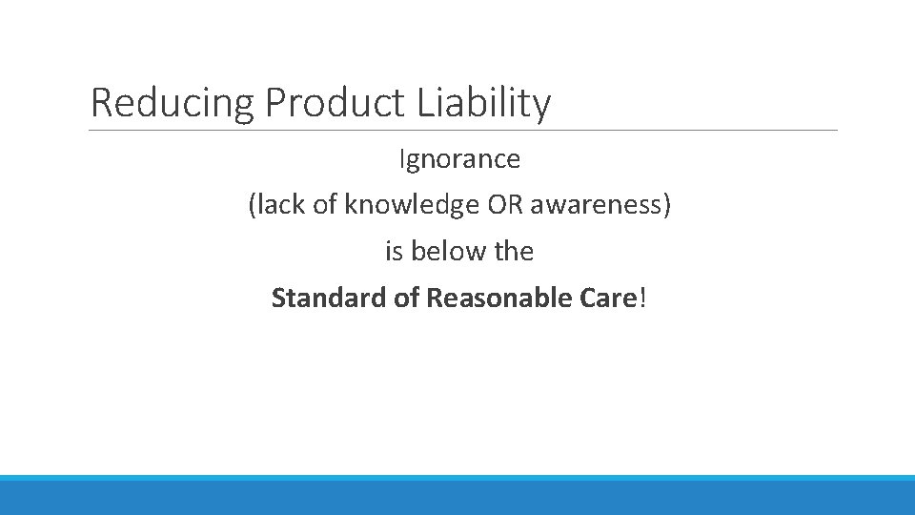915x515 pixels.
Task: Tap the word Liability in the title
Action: [x=484, y=103]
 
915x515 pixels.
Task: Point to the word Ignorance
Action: [x=459, y=159]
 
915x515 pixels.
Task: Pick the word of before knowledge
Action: [x=324, y=205]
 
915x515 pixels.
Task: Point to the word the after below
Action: [x=514, y=252]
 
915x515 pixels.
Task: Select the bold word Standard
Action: [x=315, y=299]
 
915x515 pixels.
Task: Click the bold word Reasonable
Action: [x=489, y=299]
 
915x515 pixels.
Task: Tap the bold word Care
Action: [x=606, y=299]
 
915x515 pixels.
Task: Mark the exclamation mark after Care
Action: [x=642, y=299]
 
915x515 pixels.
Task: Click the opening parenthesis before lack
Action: [x=252, y=206]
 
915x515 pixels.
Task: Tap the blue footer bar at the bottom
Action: [x=457, y=495]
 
